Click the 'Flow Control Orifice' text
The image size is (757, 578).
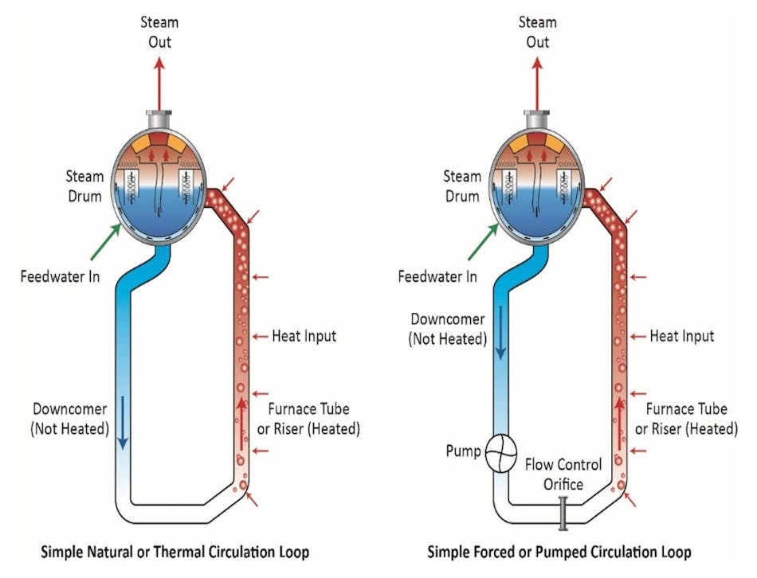pos(563,474)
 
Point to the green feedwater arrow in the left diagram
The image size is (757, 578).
pos(105,242)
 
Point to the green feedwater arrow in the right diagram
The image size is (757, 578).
pos(484,242)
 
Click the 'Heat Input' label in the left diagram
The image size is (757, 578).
pos(304,336)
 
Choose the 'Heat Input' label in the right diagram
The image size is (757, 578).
pos(682,336)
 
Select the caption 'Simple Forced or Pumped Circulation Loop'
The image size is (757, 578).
pos(559,552)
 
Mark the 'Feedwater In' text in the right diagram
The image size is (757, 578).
pos(438,276)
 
